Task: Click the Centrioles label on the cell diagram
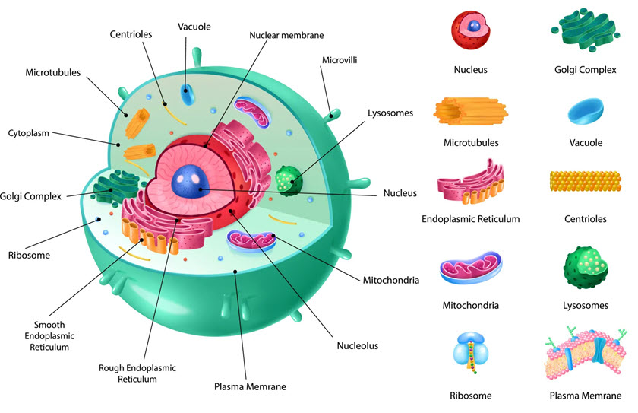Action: pos(132,33)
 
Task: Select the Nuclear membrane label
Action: pos(286,35)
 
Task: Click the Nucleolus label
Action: pos(357,346)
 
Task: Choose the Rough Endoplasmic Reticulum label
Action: pos(137,373)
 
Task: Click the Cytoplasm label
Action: pos(28,133)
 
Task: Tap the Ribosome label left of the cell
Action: pos(29,256)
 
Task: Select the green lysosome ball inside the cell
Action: pos(288,179)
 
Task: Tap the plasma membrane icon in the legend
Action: pos(586,353)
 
